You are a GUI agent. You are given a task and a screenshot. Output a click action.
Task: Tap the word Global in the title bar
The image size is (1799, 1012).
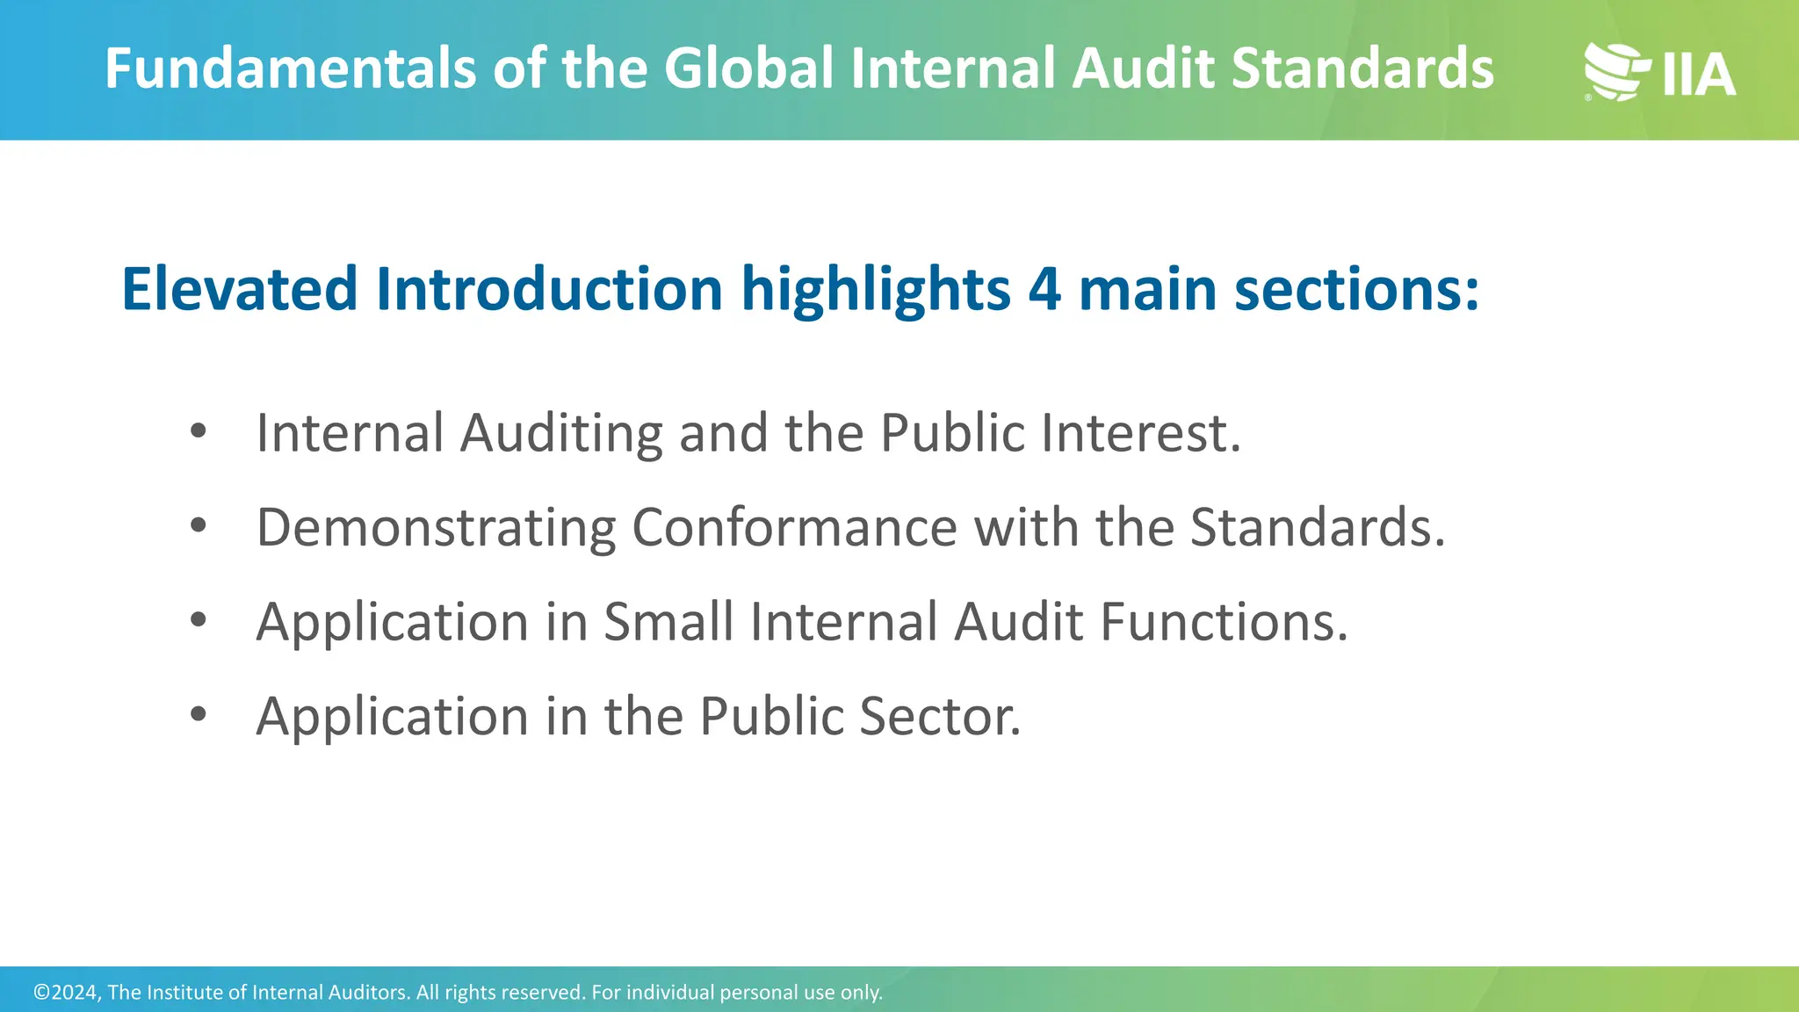[x=748, y=69]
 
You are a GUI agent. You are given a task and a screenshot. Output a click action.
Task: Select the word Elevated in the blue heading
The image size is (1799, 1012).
[x=239, y=289]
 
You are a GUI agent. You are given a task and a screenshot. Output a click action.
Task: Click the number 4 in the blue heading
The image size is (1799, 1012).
[x=1044, y=289]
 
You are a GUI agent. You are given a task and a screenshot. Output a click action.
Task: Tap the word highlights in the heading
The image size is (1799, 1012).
[x=876, y=291]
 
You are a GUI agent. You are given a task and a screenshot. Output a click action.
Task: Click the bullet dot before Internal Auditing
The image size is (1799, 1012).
[x=199, y=430]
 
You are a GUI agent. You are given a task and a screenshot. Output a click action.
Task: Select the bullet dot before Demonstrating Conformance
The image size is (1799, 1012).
[x=199, y=525]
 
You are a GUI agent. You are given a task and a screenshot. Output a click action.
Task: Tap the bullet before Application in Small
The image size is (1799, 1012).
[x=199, y=619]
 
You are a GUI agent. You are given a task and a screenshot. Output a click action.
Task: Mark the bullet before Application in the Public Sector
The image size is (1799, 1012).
[x=199, y=714]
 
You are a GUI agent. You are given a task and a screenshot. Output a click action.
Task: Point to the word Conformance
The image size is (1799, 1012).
[x=794, y=527]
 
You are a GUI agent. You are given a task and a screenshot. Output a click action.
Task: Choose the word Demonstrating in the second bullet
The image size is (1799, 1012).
[x=436, y=529]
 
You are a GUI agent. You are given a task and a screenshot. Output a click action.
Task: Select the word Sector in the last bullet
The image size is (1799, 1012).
[x=939, y=716]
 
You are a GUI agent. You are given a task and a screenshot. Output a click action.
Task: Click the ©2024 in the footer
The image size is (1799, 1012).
[x=67, y=993]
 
